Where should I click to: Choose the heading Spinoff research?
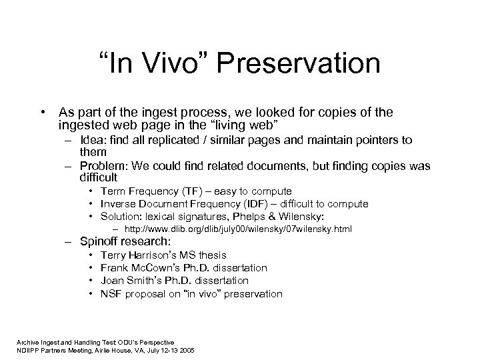coord(125,241)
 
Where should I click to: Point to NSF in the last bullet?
coord(111,293)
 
